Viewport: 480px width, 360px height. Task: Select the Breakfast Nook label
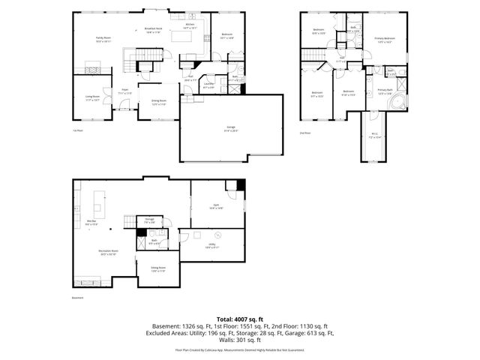[154, 31]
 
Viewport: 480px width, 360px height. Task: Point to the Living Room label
[93, 97]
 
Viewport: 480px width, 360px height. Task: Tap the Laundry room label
[210, 85]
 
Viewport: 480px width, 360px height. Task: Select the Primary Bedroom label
[385, 40]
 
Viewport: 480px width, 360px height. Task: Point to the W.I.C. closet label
[375, 136]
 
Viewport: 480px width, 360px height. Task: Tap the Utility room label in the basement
[214, 244]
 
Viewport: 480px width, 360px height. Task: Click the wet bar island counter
[97, 201]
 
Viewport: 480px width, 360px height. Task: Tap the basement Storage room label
[149, 220]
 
